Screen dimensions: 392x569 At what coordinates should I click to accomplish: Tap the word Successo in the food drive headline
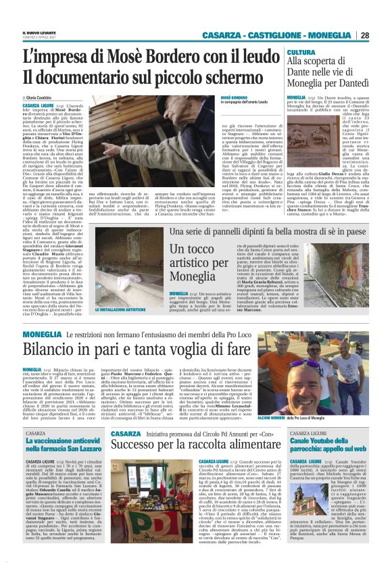click(x=140, y=445)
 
